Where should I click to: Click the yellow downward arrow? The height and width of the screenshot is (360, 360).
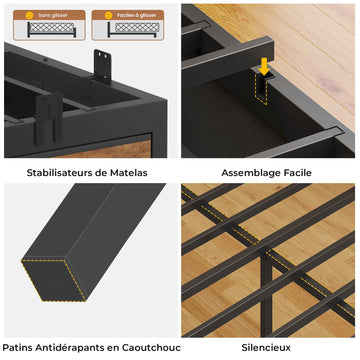point(264,66)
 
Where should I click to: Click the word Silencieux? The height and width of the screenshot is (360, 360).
point(266,348)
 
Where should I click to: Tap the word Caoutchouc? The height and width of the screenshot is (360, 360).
point(151,348)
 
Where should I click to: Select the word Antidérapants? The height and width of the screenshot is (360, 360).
point(68,348)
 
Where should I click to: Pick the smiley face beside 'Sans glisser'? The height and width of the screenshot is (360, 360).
point(29,15)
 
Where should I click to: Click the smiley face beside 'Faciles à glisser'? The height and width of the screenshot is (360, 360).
point(108,15)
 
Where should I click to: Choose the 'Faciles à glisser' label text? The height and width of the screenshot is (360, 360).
point(137,15)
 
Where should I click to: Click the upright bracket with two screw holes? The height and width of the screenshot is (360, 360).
point(102,66)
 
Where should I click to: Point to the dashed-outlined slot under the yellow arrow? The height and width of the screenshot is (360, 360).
point(261,89)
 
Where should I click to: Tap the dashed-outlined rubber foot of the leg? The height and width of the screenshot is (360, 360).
point(55,281)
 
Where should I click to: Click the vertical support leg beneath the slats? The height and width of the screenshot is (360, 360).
point(266,289)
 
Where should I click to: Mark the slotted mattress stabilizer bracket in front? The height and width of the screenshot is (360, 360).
point(49,119)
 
